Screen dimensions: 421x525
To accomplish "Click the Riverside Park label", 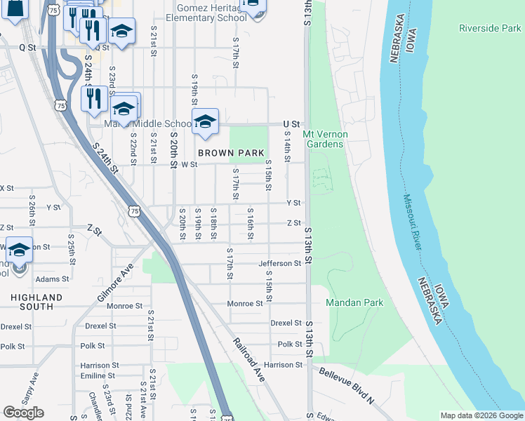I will [x=490, y=28].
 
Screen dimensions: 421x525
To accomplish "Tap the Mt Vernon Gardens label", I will [x=323, y=138].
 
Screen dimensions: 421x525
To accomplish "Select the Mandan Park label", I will [x=354, y=302].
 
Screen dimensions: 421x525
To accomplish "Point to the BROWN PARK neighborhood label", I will [x=230, y=152].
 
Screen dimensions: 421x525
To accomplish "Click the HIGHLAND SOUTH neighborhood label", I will [x=36, y=302].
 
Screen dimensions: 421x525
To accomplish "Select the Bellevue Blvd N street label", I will [x=346, y=386].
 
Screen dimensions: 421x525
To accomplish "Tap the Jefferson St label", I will [x=279, y=263].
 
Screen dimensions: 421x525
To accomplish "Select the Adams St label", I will [x=52, y=279].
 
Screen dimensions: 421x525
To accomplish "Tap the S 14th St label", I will [x=286, y=149].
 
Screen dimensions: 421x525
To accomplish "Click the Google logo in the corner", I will [x=23, y=413].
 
